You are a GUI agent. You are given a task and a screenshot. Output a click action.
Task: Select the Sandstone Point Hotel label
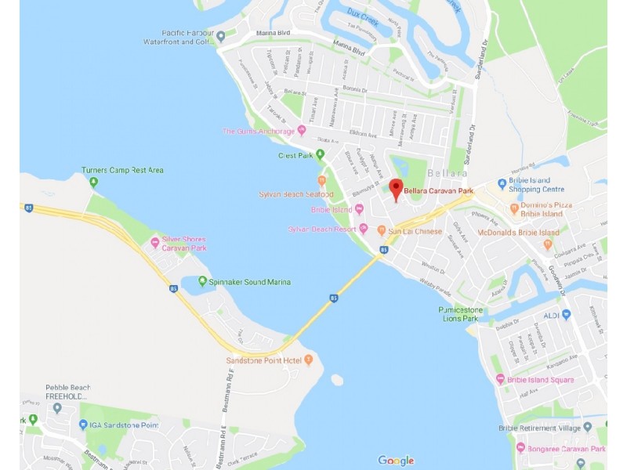point(263,360)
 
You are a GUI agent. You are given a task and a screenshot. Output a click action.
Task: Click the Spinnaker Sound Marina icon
point(203,281)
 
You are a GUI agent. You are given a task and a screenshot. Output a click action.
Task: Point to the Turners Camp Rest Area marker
point(94,183)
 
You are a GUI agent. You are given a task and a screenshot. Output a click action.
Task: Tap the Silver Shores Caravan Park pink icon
point(155,243)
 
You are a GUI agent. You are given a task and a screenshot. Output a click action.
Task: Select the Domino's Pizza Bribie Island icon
point(514,208)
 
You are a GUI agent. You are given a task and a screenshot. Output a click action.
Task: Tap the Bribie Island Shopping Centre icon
point(502,185)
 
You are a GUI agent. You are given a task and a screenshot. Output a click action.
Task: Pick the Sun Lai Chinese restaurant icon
point(382,230)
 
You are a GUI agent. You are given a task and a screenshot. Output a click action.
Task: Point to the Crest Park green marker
point(320,154)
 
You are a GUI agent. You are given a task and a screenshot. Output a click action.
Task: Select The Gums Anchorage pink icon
point(302,130)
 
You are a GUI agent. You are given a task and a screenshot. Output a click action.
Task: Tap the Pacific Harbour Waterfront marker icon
point(221,36)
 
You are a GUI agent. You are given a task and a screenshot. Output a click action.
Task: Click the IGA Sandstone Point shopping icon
point(83,425)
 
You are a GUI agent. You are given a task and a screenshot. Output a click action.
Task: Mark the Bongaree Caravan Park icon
point(520,448)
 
